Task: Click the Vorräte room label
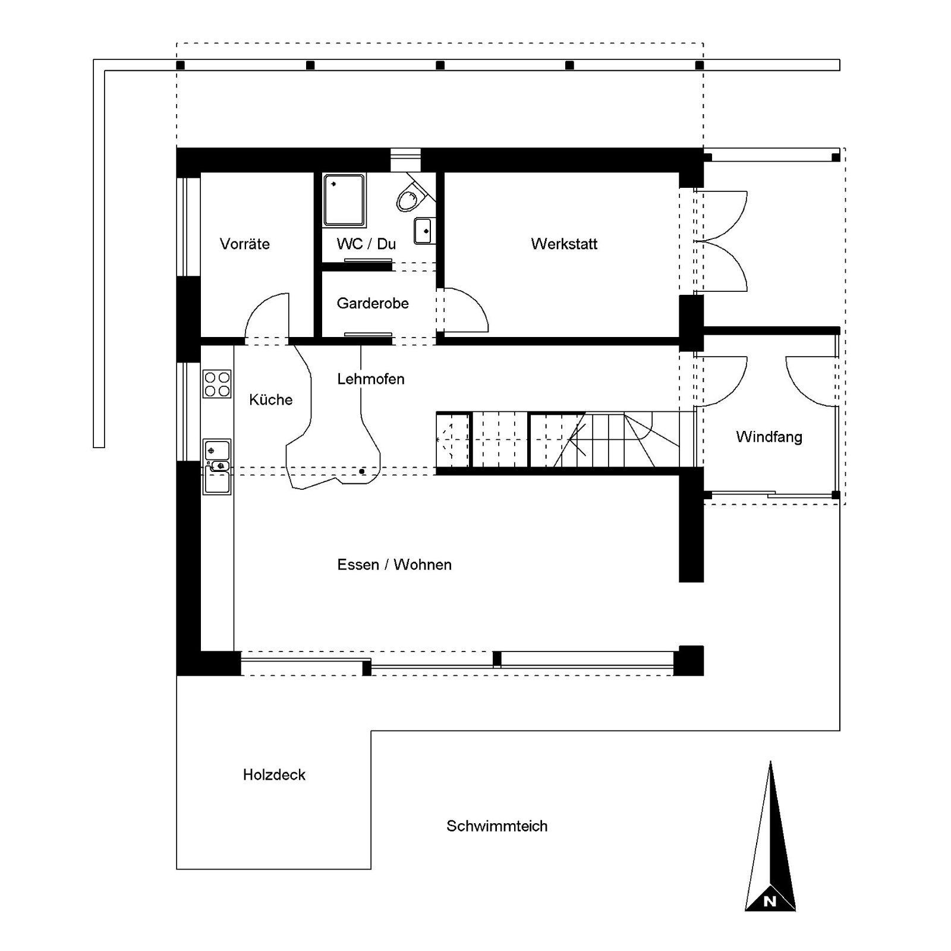click(x=244, y=244)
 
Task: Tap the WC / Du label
click(x=366, y=244)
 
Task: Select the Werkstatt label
click(x=564, y=244)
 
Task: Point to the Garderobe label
click(x=373, y=303)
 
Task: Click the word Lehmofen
click(x=371, y=379)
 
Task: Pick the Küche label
click(x=271, y=399)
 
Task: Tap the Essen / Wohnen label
click(x=395, y=565)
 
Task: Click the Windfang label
click(x=769, y=437)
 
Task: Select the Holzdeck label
click(x=274, y=774)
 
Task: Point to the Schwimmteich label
click(x=497, y=826)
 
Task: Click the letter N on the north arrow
click(x=770, y=901)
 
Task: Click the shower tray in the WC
click(x=344, y=200)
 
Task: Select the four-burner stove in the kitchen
click(x=217, y=383)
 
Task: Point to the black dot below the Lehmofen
click(x=362, y=471)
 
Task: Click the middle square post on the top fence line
click(x=440, y=65)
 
